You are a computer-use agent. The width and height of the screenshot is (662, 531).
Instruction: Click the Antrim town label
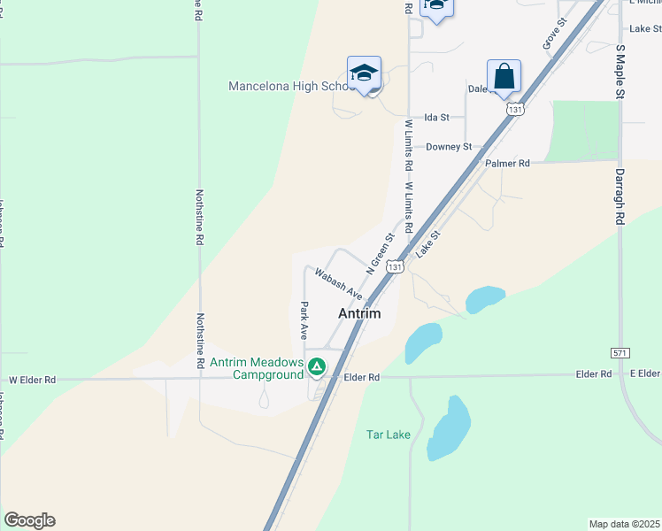(359, 314)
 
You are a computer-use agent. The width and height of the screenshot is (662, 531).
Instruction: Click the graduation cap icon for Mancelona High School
(364, 72)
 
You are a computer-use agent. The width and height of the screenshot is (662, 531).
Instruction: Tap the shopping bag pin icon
(504, 76)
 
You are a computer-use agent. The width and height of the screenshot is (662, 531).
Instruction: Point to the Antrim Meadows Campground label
(256, 369)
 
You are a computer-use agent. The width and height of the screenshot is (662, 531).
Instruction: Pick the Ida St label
(437, 117)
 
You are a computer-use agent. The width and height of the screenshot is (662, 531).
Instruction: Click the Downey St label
(448, 147)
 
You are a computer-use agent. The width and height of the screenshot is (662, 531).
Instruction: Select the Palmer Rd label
(507, 164)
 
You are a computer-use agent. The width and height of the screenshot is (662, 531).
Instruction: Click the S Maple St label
(620, 71)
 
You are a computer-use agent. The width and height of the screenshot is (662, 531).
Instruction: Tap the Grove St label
(553, 36)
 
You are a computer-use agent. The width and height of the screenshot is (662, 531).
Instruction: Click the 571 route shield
(620, 353)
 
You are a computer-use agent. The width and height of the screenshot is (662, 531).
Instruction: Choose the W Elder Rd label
(33, 380)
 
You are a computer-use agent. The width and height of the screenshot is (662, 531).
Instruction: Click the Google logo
(29, 520)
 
